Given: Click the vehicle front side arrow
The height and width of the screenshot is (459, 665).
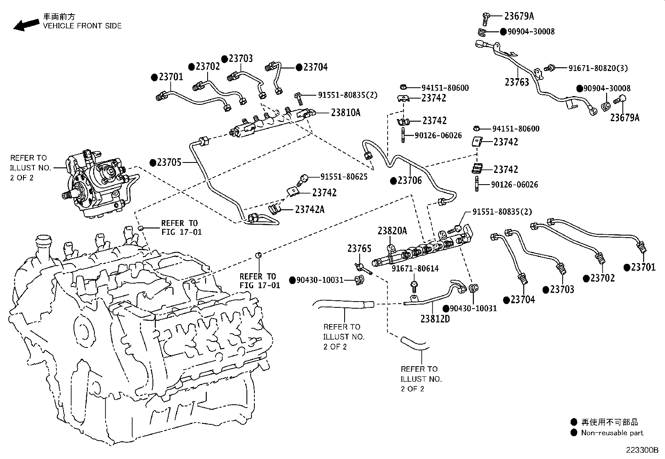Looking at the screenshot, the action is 26,25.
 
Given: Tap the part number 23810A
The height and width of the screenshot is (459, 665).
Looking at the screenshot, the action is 345,113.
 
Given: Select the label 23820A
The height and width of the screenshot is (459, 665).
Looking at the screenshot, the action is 392,231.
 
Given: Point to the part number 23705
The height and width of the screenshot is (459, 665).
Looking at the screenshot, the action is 169,162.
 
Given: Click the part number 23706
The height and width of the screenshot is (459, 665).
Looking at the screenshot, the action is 410,180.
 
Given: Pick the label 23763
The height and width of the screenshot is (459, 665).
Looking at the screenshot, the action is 517,82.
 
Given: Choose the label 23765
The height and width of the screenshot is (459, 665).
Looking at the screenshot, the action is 359,248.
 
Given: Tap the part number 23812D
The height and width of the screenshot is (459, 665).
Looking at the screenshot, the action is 435,319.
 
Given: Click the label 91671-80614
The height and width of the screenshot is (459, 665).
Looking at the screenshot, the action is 415,269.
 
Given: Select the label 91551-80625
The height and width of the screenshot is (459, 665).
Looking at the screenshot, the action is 344,177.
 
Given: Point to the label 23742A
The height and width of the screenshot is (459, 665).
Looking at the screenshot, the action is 310,210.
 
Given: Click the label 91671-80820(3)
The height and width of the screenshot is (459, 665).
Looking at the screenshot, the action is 598,68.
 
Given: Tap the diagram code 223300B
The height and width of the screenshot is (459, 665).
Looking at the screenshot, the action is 642,450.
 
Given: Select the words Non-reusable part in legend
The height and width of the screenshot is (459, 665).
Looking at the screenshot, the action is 612,433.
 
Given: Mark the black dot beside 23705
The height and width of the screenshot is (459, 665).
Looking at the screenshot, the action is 153,163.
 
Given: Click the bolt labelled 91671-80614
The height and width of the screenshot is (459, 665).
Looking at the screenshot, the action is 414,287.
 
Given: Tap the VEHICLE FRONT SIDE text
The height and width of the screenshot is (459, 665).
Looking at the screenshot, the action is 82,26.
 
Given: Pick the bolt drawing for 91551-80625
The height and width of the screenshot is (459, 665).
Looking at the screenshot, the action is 302,180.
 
